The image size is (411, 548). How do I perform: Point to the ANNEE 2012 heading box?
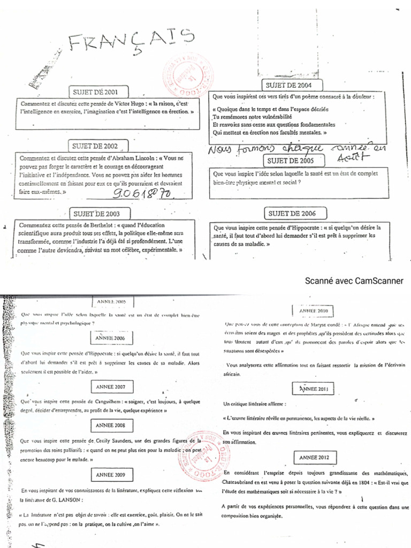pyautogui.click(x=315, y=458)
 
